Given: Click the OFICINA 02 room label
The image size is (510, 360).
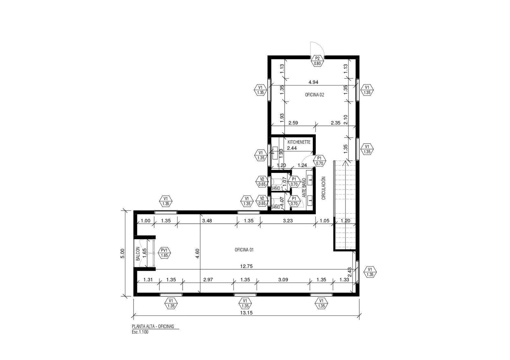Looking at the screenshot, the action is [x=314, y=95].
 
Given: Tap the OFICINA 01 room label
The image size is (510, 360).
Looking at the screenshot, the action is [x=244, y=250].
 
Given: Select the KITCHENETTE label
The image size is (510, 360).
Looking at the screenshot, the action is [x=299, y=142].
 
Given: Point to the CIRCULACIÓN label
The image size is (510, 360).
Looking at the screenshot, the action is [x=324, y=188].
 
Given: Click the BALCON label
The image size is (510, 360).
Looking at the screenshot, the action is [x=138, y=254].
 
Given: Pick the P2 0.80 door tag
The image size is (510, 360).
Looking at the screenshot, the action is [x=317, y=61].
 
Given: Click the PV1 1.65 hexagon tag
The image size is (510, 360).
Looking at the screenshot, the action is [x=164, y=253].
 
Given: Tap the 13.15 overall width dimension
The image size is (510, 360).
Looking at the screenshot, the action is [x=246, y=313].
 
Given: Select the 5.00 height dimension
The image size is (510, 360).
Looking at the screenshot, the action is [x=122, y=253].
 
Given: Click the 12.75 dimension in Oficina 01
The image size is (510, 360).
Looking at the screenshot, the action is [x=246, y=266].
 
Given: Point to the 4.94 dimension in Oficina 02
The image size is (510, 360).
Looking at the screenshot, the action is [x=313, y=82].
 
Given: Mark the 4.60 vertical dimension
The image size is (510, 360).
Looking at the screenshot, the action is [x=197, y=254].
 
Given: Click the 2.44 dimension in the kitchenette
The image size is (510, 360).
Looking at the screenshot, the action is [x=292, y=148].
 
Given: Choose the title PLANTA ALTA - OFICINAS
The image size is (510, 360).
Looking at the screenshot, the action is [x=153, y=327].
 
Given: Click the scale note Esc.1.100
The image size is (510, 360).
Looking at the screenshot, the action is [x=140, y=332].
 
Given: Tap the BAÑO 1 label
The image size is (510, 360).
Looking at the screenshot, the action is [x=277, y=188].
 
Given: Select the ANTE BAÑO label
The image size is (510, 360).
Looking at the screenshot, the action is [x=304, y=188].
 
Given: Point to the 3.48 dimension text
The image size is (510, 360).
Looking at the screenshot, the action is [x=207, y=220].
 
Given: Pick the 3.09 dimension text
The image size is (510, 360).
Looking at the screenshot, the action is [x=283, y=280].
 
